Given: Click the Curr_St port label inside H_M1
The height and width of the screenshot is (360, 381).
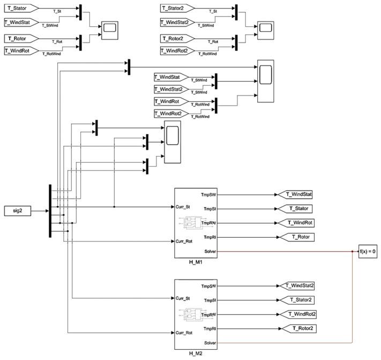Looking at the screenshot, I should click(x=183, y=206).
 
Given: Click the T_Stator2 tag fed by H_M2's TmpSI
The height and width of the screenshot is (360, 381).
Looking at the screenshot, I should click(x=298, y=300).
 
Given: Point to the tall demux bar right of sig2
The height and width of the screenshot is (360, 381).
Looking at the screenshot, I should click(x=50, y=210).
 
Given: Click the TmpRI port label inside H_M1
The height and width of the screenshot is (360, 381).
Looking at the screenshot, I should click(x=210, y=237).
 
